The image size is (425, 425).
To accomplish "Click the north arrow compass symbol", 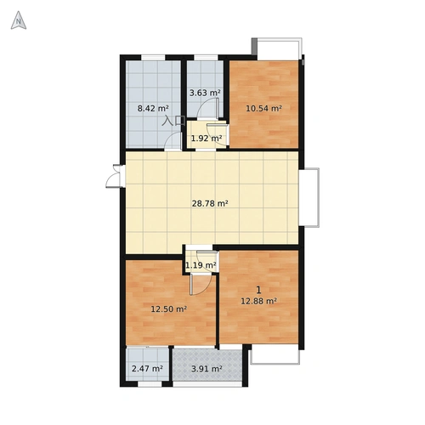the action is point(19,20).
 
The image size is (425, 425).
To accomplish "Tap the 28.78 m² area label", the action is point(210,204).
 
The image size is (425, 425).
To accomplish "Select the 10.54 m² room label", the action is point(263,108).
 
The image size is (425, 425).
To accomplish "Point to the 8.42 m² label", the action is point(153,108).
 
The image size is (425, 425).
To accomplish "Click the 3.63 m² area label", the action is point(205,93).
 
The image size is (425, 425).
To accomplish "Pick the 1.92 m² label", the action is point(207,139).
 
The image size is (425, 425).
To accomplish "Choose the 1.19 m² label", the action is point(201,265).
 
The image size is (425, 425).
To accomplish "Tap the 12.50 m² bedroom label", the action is point(168,309).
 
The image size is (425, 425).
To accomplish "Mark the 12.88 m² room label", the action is point(258,301).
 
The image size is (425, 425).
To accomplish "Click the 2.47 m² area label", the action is point(147,369).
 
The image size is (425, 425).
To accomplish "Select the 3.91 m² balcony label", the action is point(207,369).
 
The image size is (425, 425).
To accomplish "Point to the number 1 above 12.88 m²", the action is point(258,290).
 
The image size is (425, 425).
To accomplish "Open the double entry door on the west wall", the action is point(116,176).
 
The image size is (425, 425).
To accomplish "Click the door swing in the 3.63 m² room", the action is point(208,108).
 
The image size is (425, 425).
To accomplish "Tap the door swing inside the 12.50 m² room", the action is point(201,285).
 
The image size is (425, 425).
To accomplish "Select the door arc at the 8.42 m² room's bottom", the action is point(173,141).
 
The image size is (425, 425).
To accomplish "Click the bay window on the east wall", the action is point(309,197).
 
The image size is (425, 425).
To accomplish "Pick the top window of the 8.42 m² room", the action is point(153,58).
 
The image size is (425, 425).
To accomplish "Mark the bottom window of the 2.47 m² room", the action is point(150,384).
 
